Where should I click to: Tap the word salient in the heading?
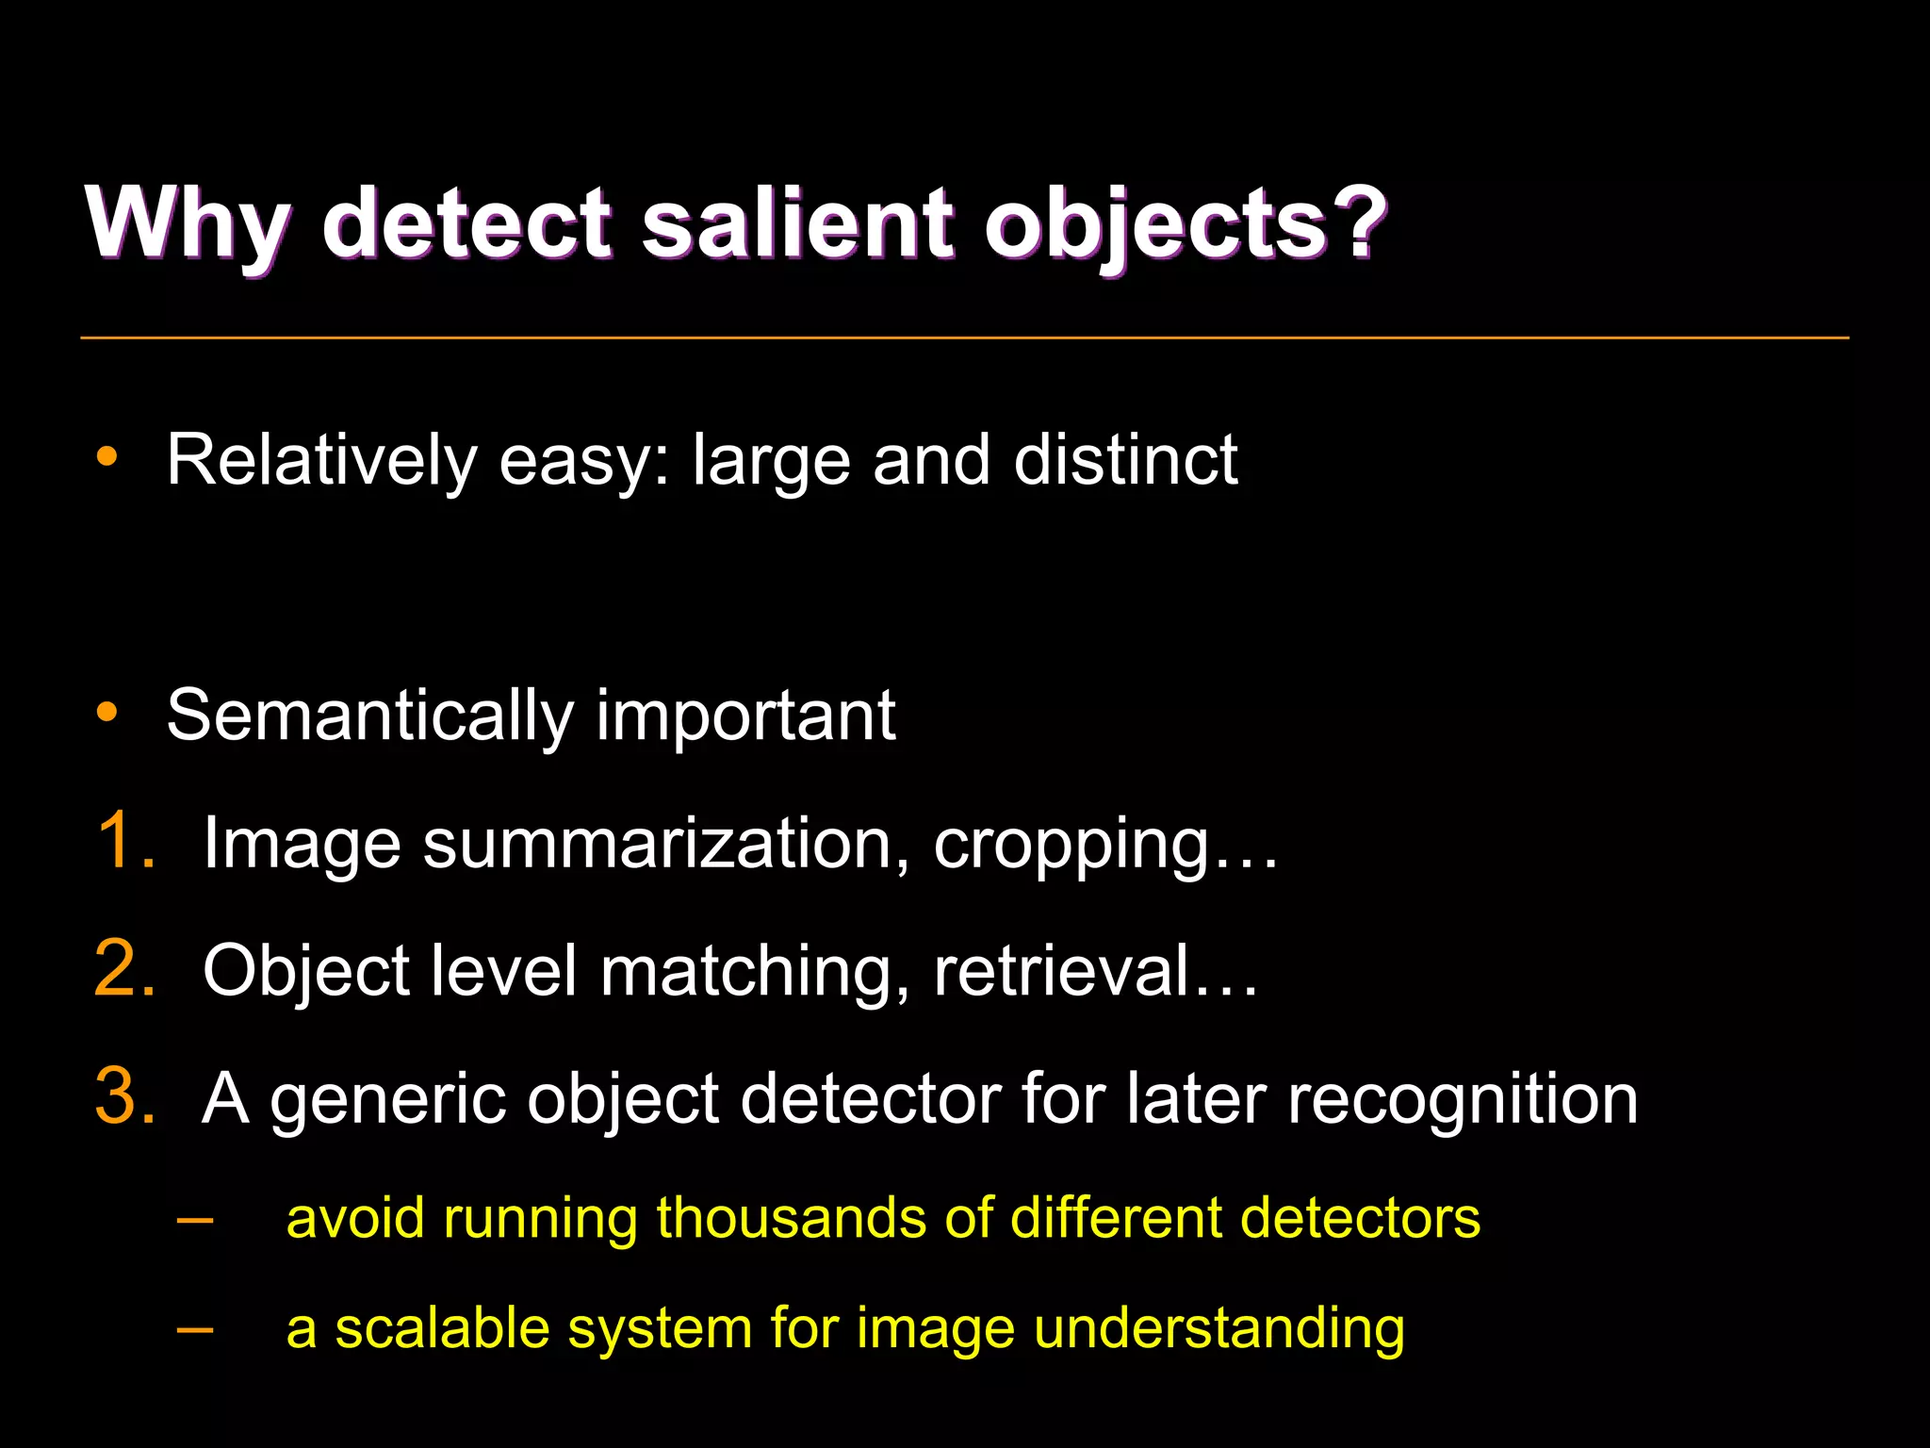tap(797, 222)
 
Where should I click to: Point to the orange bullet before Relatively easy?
tap(107, 457)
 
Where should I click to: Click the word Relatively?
tap(321, 461)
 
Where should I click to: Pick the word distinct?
tap(1125, 461)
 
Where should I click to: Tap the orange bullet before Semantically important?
tap(107, 712)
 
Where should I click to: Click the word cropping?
tap(1071, 845)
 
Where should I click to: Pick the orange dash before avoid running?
tap(194, 1220)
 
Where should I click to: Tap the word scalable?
tap(442, 1328)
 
